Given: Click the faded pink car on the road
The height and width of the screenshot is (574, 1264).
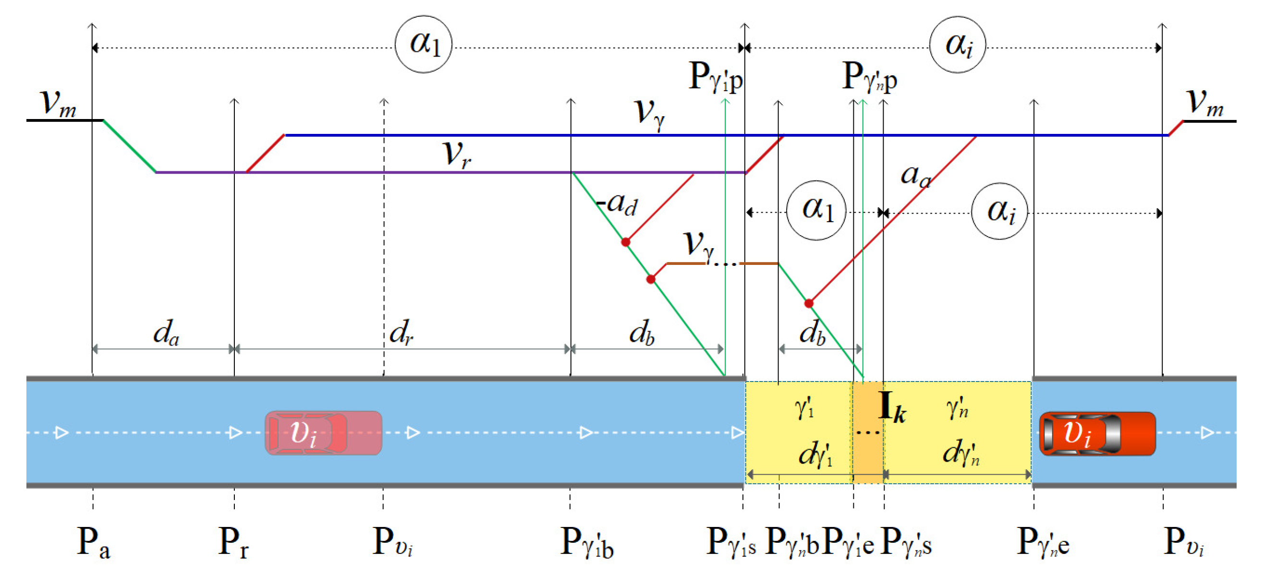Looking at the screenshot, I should click(x=323, y=433).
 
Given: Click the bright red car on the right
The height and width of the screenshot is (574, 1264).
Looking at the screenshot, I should click(x=1097, y=434).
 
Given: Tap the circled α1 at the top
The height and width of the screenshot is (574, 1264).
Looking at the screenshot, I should click(x=424, y=44).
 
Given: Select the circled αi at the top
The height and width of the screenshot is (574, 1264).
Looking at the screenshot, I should click(x=958, y=45).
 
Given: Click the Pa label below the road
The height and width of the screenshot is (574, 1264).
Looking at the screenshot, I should click(x=93, y=543).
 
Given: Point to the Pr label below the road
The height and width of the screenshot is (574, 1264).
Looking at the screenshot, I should click(x=233, y=543).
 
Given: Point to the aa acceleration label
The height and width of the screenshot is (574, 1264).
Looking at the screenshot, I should click(x=916, y=175).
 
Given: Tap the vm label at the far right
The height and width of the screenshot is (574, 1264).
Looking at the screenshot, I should click(x=1204, y=103).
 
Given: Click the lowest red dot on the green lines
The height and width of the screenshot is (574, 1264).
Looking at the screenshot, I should click(x=809, y=303).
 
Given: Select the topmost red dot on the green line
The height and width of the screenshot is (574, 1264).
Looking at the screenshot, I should click(x=626, y=242).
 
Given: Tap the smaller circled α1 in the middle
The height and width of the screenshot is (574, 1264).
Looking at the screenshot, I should click(x=816, y=210).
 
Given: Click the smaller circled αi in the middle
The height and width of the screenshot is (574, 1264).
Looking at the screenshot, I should click(x=1000, y=211).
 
